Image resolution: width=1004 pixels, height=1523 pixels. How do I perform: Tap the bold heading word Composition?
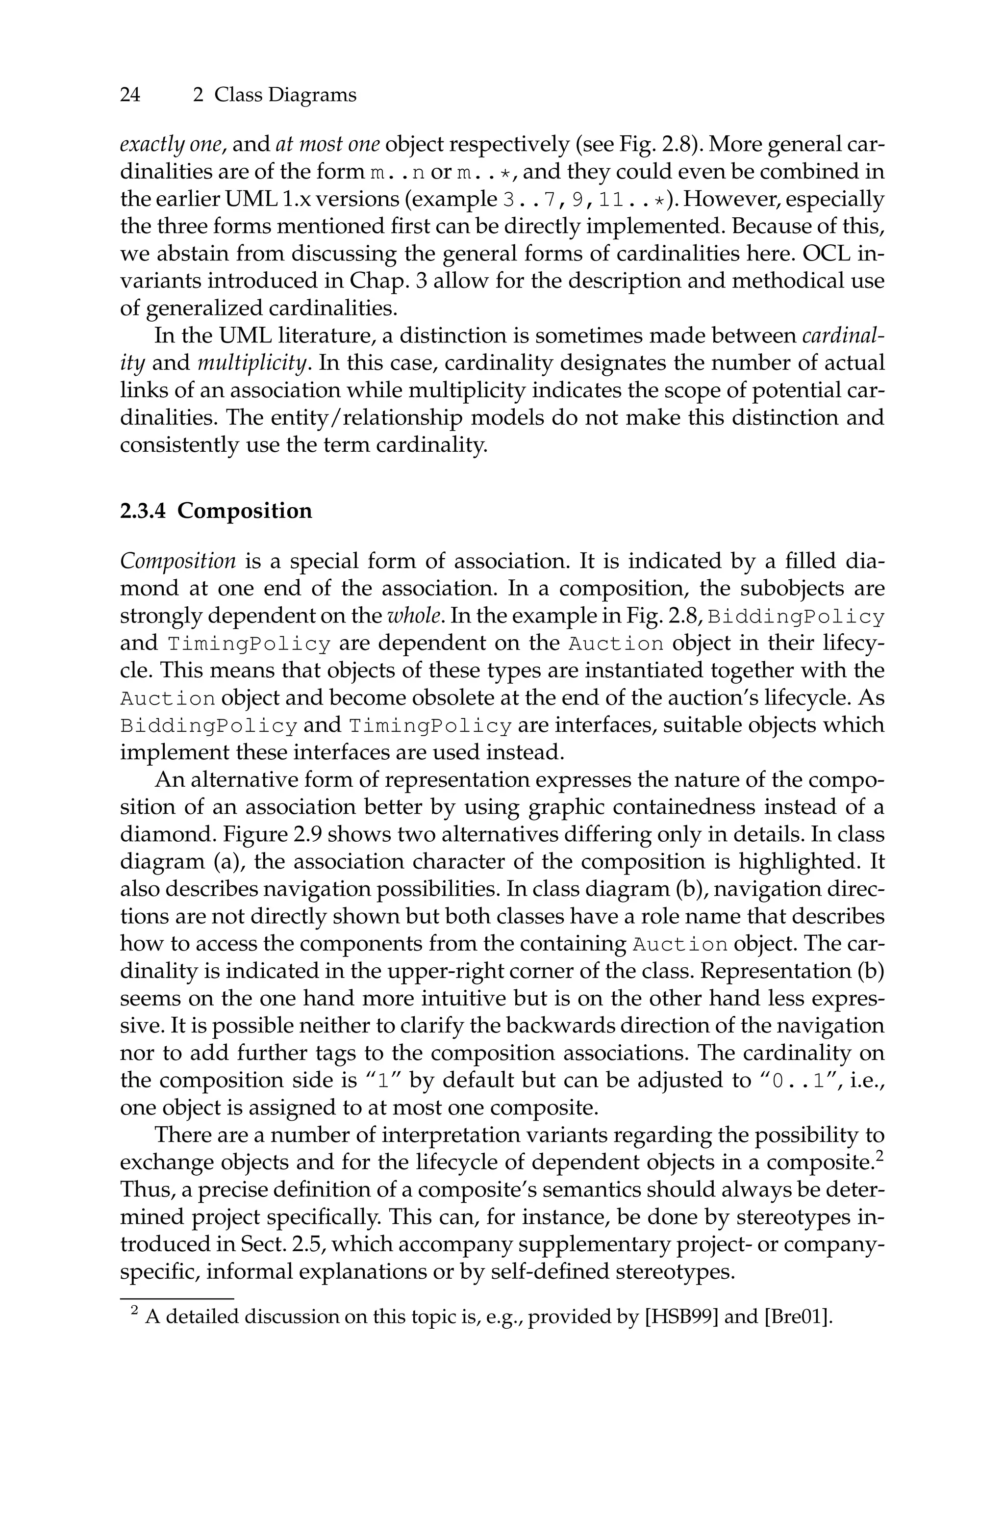point(245,511)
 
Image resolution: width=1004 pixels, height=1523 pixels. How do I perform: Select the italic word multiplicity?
point(253,363)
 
